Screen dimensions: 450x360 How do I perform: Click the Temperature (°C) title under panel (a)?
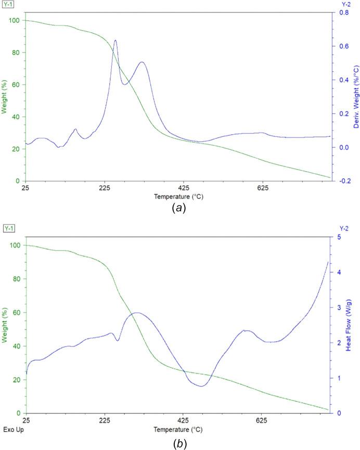[x=178, y=197]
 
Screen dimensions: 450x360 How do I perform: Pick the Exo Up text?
[x=14, y=430]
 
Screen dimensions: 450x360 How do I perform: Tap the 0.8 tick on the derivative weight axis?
[x=341, y=12]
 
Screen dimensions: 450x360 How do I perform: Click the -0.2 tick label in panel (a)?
[x=342, y=181]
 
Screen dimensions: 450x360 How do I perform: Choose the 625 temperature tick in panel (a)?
[x=262, y=188]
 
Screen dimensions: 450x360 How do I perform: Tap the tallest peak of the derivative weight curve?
[x=115, y=40]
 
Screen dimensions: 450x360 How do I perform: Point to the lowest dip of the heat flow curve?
[x=201, y=385]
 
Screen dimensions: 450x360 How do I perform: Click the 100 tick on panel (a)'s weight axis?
[x=14, y=20]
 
